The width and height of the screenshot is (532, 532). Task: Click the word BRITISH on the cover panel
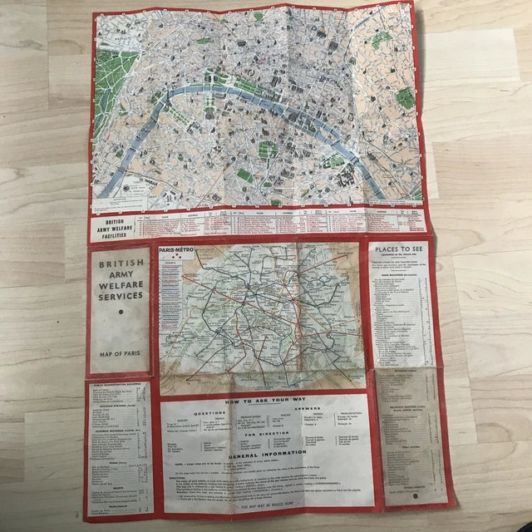(120, 268)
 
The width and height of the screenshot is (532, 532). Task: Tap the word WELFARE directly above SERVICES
(120, 282)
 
